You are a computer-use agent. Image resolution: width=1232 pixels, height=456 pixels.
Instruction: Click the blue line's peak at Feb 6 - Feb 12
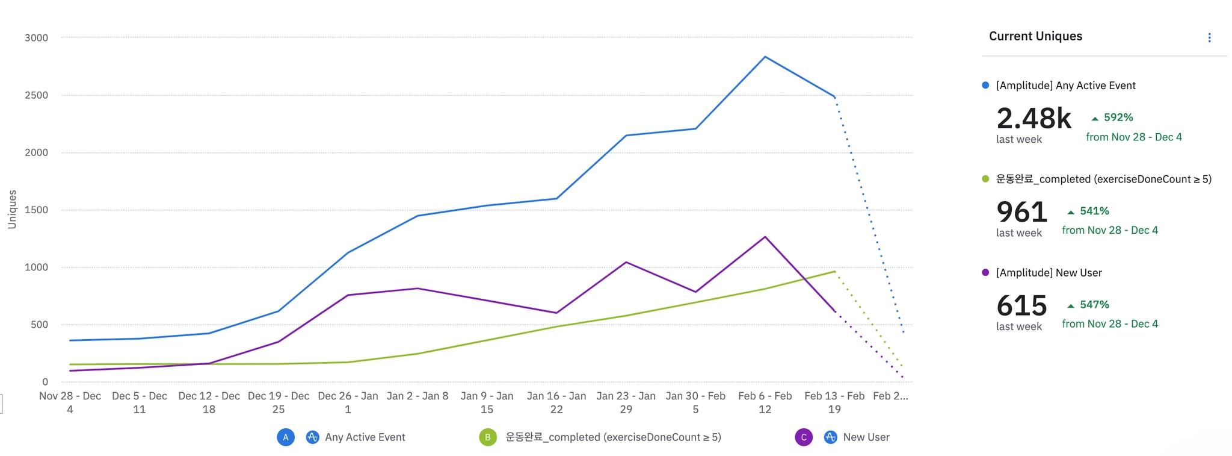pos(765,57)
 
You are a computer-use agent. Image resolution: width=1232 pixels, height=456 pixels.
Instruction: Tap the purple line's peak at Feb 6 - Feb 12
pos(765,237)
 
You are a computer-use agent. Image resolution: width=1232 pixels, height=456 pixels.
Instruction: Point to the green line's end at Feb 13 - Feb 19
pos(834,271)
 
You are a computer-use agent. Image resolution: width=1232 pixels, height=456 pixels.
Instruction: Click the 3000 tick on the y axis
pos(36,38)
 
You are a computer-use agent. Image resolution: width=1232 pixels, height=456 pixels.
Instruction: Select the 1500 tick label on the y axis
pos(36,210)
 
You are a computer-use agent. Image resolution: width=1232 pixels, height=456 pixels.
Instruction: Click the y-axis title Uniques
pos(12,209)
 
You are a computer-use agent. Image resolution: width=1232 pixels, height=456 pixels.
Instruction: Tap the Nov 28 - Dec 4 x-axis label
pos(70,402)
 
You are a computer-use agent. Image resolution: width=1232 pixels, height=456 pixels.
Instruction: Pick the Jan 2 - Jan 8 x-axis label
pos(417,396)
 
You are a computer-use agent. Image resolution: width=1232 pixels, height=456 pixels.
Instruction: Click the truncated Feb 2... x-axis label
pos(890,396)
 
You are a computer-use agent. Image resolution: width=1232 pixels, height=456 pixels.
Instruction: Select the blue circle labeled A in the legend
pos(286,437)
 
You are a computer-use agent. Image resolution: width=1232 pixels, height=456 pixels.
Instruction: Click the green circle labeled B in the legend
pos(488,437)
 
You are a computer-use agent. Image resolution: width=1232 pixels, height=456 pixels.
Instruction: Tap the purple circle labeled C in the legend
pos(804,437)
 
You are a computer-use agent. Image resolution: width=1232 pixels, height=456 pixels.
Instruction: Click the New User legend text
pos(866,437)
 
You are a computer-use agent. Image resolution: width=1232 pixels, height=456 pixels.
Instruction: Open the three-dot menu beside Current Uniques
pos(1209,38)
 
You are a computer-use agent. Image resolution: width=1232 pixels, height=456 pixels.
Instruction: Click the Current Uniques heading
pos(1035,36)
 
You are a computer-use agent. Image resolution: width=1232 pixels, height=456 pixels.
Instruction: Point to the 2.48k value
pos(1033,118)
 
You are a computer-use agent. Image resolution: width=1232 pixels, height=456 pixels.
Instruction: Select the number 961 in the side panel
pos(1021,212)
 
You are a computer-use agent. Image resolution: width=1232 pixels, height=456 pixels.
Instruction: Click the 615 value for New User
pos(1021,306)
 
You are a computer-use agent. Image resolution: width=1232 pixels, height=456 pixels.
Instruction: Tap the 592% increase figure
pos(1118,117)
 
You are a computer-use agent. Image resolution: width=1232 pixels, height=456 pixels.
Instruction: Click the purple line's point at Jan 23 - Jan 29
pos(626,262)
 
